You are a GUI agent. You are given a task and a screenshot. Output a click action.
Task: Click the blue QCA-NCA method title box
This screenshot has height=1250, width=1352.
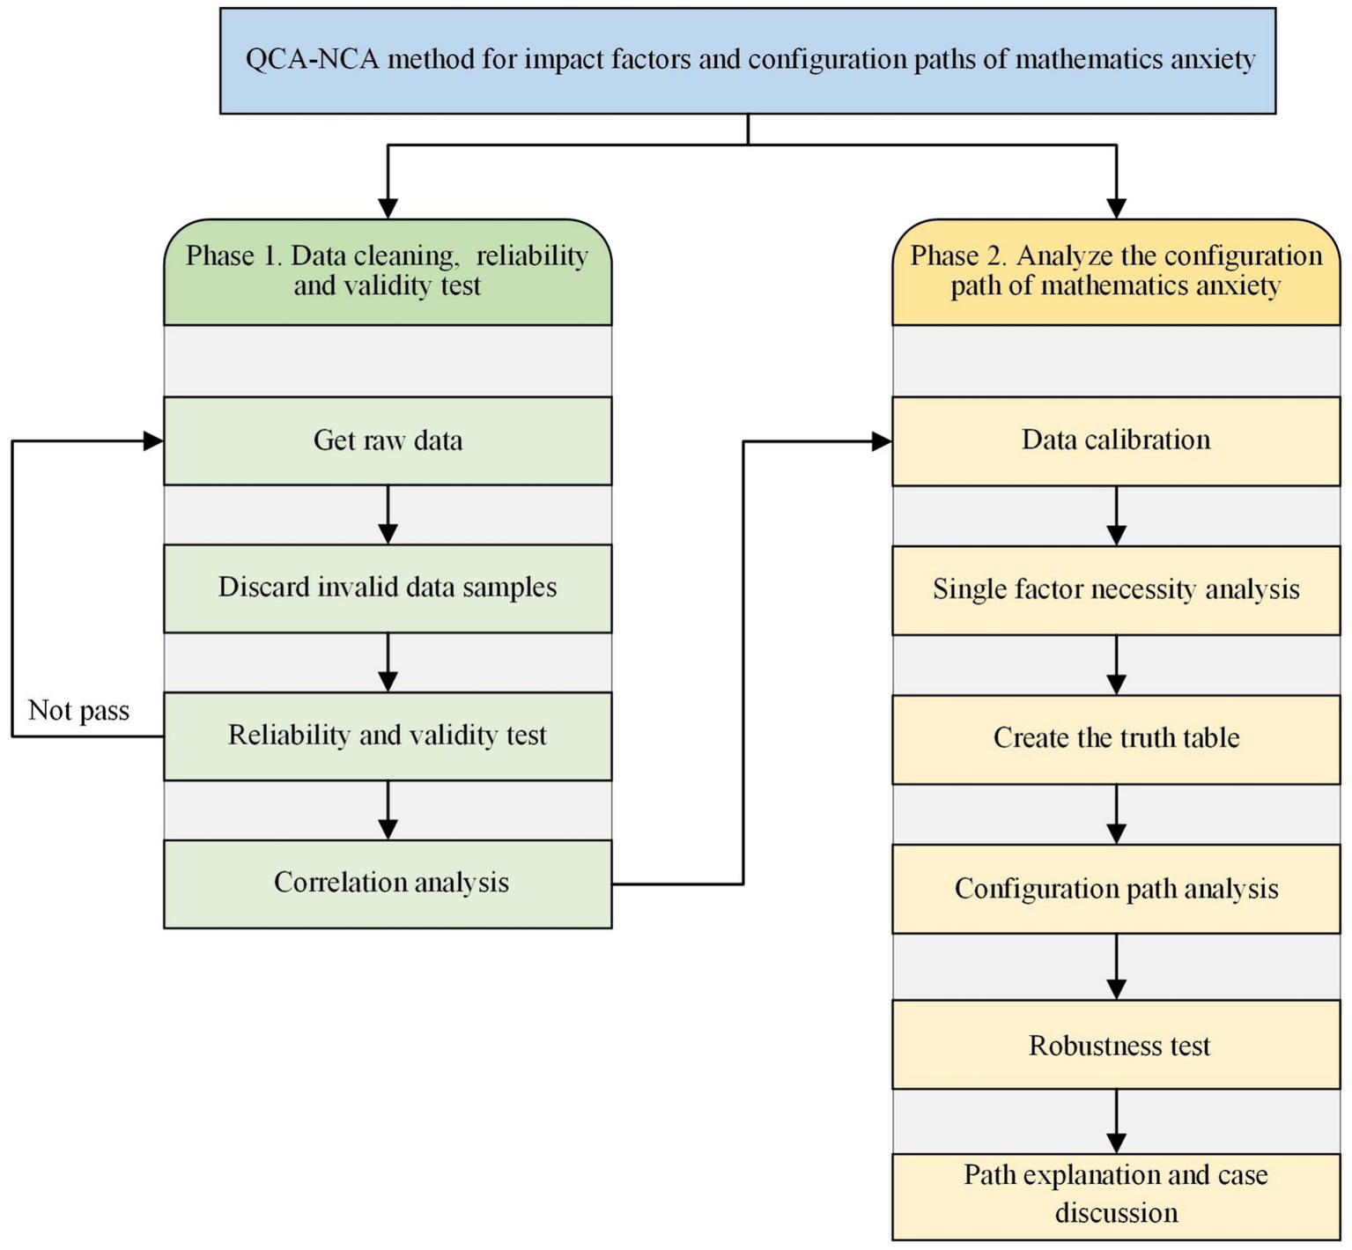coord(747,60)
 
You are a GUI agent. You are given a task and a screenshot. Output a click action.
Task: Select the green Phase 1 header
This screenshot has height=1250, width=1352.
coord(388,271)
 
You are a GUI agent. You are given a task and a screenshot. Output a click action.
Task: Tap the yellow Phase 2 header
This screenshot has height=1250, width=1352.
coord(1116,271)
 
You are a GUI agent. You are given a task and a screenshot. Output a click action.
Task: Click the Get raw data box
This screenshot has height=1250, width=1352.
coord(388,440)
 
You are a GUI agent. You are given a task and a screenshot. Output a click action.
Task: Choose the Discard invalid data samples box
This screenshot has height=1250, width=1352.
coord(388,588)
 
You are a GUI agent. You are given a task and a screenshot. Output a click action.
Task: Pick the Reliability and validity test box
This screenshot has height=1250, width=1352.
coord(388,736)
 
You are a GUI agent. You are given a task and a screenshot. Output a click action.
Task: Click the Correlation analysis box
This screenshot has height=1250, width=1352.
coord(388,884)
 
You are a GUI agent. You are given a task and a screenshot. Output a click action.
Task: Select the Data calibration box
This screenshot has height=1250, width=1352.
coord(1116,440)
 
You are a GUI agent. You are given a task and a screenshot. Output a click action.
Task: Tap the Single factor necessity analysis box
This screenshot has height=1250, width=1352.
coord(1116,589)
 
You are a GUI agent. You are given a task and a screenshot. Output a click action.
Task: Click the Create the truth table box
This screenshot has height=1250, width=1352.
coord(1116,738)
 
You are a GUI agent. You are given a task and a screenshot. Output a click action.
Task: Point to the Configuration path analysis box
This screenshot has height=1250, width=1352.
coord(1116,889)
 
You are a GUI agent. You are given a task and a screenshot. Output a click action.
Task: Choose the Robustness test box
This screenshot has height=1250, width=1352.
coord(1116,1045)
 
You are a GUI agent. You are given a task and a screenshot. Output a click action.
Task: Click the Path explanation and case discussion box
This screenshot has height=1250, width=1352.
coord(1116,1195)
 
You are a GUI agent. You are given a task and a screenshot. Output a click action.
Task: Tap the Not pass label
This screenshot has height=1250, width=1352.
coord(78,711)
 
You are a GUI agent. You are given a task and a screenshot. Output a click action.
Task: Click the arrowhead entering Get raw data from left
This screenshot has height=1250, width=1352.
coord(153,441)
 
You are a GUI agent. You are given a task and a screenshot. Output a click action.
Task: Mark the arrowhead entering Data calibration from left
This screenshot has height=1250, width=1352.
coord(882,441)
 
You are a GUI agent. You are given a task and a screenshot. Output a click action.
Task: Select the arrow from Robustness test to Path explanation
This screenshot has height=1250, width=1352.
coord(1116,1121)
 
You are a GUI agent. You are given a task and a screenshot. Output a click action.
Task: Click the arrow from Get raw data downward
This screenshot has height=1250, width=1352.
coord(388,514)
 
